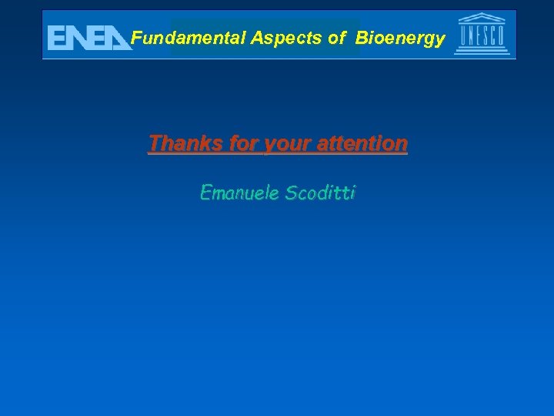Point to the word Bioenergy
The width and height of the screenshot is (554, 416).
pyautogui.click(x=400, y=38)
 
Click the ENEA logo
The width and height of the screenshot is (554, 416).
pyautogui.click(x=88, y=37)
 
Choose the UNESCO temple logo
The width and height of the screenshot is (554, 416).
pyautogui.click(x=482, y=34)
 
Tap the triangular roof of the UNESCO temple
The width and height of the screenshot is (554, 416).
pyautogui.click(x=482, y=18)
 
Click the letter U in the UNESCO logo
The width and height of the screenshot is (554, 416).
pyautogui.click(x=464, y=35)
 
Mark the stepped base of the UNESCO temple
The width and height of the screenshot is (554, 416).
pyautogui.click(x=482, y=52)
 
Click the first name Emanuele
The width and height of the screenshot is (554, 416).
pyautogui.click(x=239, y=192)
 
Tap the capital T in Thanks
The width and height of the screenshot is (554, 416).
pyautogui.click(x=155, y=143)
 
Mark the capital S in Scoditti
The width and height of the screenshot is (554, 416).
pyautogui.click(x=291, y=192)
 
